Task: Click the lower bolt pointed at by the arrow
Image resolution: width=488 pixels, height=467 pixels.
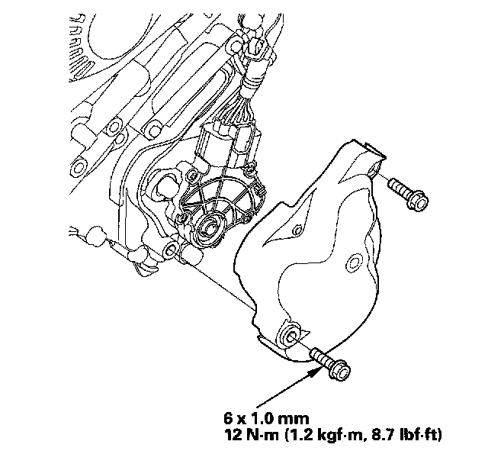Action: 330,364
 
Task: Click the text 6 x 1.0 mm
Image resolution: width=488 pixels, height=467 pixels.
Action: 266,418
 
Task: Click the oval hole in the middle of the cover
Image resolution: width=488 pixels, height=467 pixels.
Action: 354,263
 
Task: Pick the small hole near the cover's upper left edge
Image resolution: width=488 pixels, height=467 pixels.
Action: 297,230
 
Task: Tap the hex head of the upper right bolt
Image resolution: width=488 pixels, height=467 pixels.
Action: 419,201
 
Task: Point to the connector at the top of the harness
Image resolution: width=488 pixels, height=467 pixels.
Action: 255,47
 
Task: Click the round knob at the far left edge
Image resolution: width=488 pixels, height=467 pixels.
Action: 96,236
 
